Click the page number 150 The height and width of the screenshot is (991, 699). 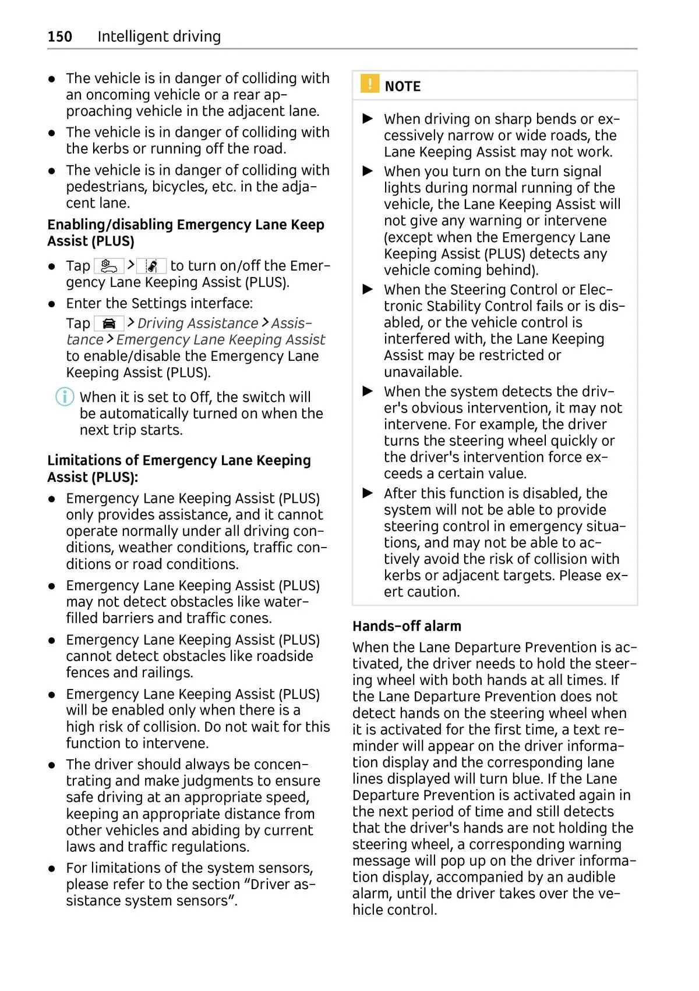pos(60,37)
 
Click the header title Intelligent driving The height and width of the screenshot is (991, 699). pos(159,37)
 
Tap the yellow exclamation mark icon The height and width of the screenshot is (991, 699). pos(369,84)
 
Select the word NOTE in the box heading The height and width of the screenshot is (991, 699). pos(403,87)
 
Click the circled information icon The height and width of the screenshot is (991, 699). pos(64,397)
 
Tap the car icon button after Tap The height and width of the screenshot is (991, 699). pos(109,324)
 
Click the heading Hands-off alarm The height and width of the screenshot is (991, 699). pos(407,626)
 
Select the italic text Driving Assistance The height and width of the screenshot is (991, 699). pos(197,324)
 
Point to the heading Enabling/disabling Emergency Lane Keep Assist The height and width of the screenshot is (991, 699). pos(185,233)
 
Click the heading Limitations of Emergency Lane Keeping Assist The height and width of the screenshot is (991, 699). pos(179,468)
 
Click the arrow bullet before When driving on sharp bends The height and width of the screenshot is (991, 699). pos(368,119)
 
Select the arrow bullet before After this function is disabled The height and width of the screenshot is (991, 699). pos(368,493)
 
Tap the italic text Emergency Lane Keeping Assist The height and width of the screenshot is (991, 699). pos(221,340)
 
